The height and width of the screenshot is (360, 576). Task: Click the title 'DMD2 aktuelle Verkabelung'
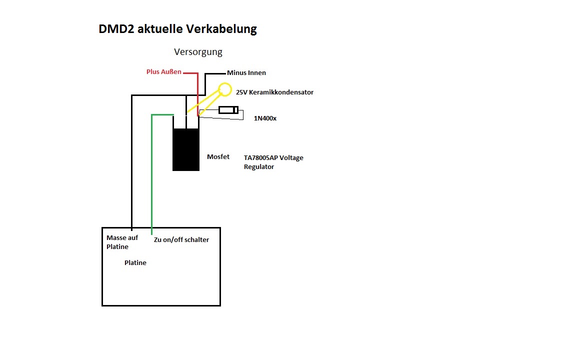coord(177,29)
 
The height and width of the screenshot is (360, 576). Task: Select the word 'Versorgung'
coord(198,52)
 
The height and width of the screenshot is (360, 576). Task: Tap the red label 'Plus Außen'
coord(164,71)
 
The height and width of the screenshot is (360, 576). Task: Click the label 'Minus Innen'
coord(246,72)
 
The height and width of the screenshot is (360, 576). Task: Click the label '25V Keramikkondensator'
coord(274,92)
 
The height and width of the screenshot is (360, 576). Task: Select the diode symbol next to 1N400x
coord(228,110)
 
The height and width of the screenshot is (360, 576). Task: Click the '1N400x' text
coord(265,118)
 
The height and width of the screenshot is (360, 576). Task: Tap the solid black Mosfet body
coord(186,149)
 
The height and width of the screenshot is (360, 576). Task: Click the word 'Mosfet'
coord(218,157)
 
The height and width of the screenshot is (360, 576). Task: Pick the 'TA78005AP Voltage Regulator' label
coord(273,162)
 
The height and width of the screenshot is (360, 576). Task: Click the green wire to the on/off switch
coord(151,172)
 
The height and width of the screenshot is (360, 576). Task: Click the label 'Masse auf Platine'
coord(122,242)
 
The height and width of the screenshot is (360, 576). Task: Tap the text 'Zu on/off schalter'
coord(181,239)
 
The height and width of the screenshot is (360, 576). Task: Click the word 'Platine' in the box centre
coord(135,262)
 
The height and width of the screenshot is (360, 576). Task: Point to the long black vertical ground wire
coord(131,161)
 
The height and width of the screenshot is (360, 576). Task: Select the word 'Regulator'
coord(258,167)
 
